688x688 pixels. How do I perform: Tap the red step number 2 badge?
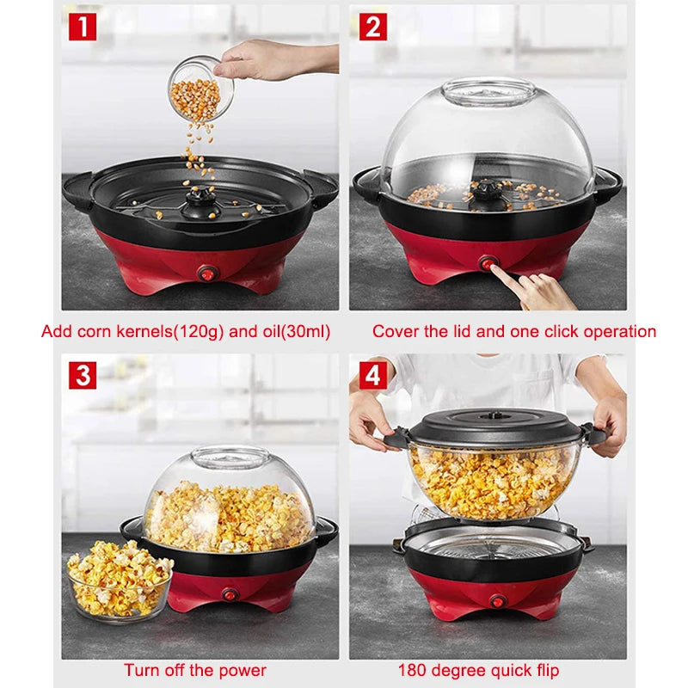click(372, 27)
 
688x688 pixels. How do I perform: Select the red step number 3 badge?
click(83, 376)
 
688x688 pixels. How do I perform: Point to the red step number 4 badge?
click(372, 375)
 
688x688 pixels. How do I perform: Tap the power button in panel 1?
click(206, 273)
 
